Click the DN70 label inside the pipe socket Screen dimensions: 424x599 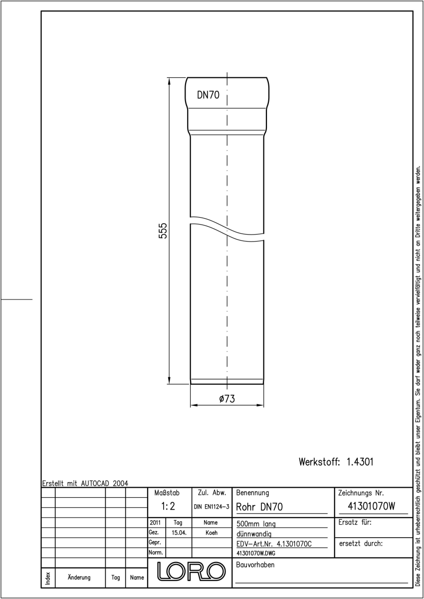click(x=208, y=95)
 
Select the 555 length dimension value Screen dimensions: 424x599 click(x=163, y=231)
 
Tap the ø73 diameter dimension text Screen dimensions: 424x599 click(x=227, y=399)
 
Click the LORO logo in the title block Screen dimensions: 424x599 click(x=191, y=571)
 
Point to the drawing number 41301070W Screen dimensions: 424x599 click(x=371, y=506)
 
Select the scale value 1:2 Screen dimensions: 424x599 click(x=168, y=506)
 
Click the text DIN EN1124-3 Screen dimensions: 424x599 click(x=212, y=507)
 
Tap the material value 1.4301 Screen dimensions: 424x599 click(x=360, y=462)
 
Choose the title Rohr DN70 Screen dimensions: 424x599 click(x=259, y=507)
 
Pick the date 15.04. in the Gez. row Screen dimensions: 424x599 click(x=179, y=533)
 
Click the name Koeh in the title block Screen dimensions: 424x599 click(x=212, y=533)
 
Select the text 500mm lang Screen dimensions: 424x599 click(x=256, y=524)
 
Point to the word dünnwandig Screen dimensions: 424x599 click(x=254, y=534)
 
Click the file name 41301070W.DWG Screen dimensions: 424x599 click(x=256, y=553)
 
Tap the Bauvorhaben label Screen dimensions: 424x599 click(x=255, y=565)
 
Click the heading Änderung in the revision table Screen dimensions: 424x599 click(x=79, y=578)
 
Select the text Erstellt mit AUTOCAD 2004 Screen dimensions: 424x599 click(x=85, y=483)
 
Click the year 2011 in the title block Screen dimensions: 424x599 click(x=155, y=523)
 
